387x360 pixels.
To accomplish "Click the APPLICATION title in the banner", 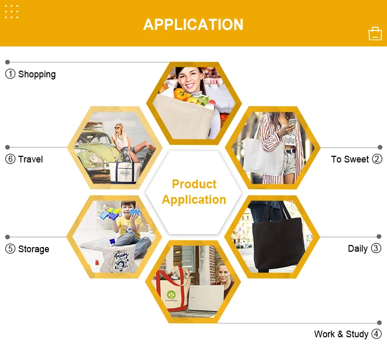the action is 193,25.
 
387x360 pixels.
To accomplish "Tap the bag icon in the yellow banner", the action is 375,34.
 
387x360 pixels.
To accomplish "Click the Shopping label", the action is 37,74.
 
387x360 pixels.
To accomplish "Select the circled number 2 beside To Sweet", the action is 377,159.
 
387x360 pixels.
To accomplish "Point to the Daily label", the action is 358,249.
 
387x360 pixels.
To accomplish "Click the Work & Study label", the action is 341,334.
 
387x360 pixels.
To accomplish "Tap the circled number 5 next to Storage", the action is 10,249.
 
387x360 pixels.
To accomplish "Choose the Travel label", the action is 30,159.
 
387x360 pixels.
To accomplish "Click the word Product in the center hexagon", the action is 194,184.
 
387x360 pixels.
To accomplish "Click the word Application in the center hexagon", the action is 194,200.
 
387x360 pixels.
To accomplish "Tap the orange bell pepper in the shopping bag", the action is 181,94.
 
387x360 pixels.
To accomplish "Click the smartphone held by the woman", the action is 293,123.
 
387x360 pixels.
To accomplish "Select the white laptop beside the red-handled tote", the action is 206,297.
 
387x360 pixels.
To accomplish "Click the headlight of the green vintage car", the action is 94,158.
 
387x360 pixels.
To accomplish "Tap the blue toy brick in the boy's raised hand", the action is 134,212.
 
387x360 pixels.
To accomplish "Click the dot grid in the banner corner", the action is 11,11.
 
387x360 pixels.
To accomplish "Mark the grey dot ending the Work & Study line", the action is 379,322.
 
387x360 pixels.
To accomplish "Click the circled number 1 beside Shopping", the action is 10,74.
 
